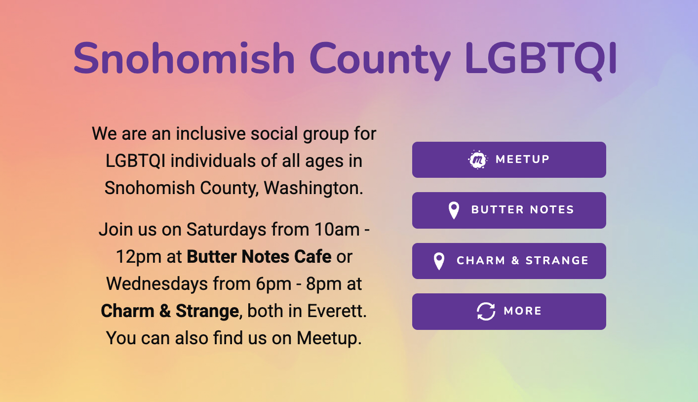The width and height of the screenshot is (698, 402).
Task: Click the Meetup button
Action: [509, 160]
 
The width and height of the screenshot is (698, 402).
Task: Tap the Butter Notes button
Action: [509, 210]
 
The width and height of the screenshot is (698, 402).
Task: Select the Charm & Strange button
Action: [509, 261]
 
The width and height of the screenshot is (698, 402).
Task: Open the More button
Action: [509, 311]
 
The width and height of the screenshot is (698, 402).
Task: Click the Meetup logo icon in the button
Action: [478, 160]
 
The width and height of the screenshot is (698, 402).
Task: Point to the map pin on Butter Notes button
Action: [454, 210]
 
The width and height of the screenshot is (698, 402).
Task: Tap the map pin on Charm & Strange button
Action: [439, 261]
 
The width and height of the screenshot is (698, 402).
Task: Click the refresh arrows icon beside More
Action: [486, 311]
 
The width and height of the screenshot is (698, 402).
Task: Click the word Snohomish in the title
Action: [184, 59]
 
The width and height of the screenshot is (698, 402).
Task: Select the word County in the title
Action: [380, 61]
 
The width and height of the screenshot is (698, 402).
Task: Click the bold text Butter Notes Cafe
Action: [259, 257]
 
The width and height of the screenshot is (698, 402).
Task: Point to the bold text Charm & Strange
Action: [170, 311]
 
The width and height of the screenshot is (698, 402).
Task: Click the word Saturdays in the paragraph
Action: [226, 230]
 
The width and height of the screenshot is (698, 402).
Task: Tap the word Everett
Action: [337, 311]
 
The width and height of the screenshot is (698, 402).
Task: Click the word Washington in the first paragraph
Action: [313, 188]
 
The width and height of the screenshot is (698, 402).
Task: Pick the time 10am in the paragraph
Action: [337, 230]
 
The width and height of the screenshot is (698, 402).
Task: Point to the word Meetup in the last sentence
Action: [329, 338]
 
